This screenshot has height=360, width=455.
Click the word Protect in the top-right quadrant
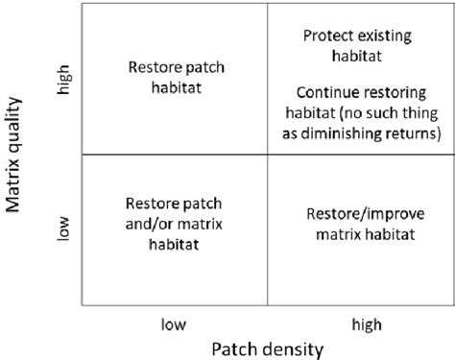(327, 36)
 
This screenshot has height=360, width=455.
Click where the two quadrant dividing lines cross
(264, 154)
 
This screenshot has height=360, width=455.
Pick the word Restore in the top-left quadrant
(154, 67)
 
